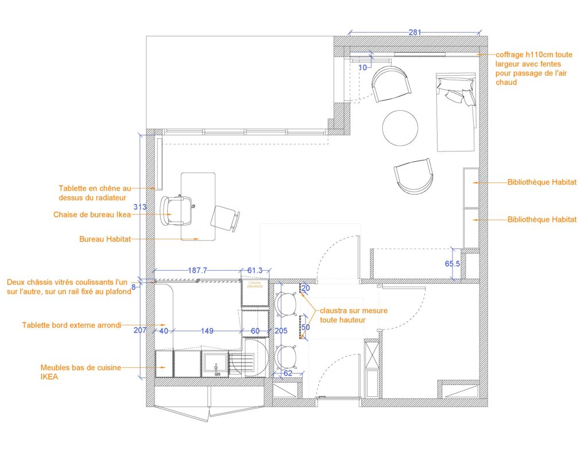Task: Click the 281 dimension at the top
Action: point(415,32)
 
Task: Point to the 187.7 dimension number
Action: point(197,270)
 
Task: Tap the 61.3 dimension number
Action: point(254,270)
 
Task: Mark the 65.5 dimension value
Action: point(452,264)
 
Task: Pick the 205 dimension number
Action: point(280,330)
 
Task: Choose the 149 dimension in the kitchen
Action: point(207,330)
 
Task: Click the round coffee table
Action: point(400,127)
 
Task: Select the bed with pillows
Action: point(457,111)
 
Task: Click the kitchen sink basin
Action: point(215,364)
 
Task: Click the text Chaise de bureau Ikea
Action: point(92,215)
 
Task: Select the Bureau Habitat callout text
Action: point(105,239)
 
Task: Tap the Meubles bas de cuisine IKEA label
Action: point(80,372)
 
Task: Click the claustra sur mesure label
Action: point(353,315)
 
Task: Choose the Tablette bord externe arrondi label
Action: point(71,325)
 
